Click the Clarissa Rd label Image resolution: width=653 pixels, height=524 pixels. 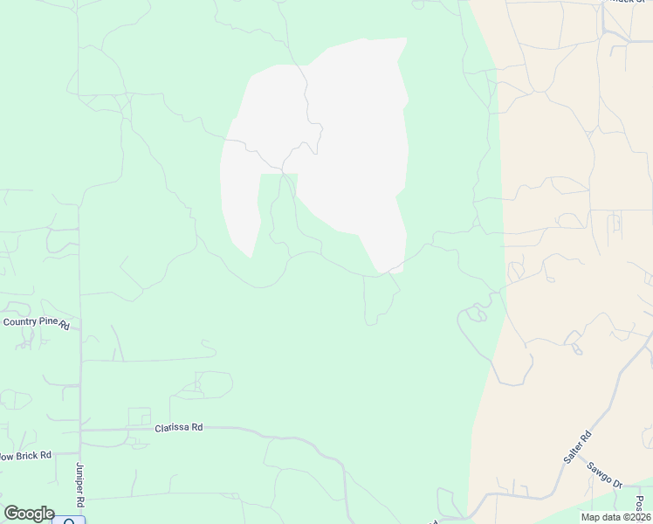click(179, 428)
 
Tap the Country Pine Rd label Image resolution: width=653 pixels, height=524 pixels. click(36, 322)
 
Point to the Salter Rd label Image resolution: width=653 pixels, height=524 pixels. click(577, 447)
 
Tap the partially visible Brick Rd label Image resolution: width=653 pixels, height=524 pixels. click(26, 455)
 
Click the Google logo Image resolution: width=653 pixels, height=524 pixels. click(29, 514)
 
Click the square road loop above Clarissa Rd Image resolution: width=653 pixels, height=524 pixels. click(139, 417)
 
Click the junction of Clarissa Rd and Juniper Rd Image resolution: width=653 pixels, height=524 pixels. click(81, 430)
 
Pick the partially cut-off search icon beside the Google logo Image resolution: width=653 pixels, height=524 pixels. click(69, 521)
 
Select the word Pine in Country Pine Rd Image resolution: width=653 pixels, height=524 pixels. click(48, 322)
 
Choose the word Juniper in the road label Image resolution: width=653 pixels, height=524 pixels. click(79, 479)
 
